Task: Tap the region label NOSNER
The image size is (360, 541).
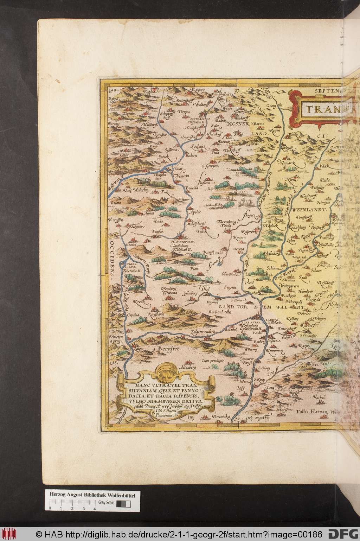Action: click(239, 123)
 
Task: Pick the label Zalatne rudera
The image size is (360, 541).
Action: click(202, 331)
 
